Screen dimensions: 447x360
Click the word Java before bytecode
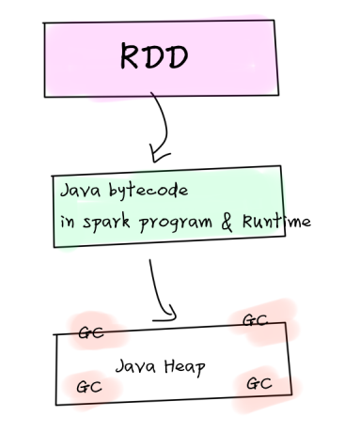click(80, 190)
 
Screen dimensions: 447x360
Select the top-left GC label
click(90, 332)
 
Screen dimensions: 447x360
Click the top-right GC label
click(255, 320)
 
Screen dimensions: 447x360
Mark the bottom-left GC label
click(88, 385)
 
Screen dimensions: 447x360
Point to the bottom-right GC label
click(258, 382)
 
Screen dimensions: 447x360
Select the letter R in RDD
click(131, 58)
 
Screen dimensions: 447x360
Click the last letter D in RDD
click(177, 58)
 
